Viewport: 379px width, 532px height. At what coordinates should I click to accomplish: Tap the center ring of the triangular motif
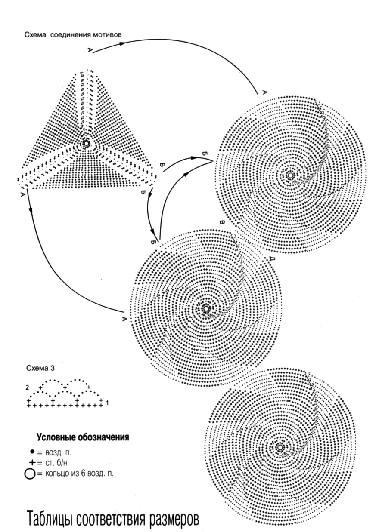[x=86, y=143]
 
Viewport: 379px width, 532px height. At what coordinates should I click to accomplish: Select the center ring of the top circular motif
[x=290, y=175]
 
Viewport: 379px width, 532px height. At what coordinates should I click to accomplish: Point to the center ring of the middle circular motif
[x=206, y=308]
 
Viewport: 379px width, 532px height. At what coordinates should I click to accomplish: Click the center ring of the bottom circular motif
[x=280, y=447]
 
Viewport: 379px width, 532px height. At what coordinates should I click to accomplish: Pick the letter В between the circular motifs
[x=222, y=223]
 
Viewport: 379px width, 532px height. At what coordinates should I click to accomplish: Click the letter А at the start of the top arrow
[x=90, y=51]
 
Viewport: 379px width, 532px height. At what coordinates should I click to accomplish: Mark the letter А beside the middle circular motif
[x=124, y=319]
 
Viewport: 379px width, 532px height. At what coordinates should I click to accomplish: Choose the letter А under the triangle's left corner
[x=22, y=195]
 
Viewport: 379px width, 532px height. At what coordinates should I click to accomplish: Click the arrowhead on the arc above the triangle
[x=122, y=43]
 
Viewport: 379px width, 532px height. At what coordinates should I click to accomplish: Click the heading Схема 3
[x=40, y=368]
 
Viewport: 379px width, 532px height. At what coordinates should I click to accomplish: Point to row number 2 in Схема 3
[x=27, y=387]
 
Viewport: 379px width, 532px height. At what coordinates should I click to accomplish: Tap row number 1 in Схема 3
[x=106, y=403]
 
